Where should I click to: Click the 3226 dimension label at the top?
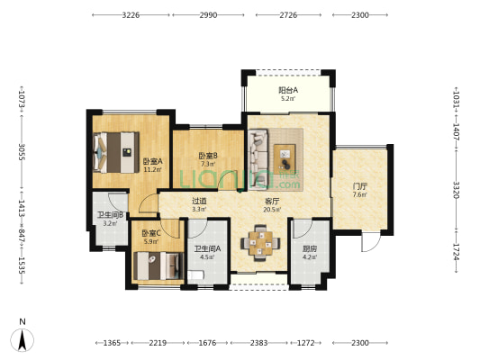tap(131, 15)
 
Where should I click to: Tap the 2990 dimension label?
tap(208, 15)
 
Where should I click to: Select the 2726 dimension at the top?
tap(288, 15)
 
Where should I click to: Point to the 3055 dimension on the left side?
tap(22, 152)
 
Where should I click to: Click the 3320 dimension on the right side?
tap(456, 190)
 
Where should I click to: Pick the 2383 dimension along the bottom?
tap(258, 343)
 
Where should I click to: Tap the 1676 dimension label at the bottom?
tap(207, 343)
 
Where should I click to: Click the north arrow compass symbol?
tap(22, 339)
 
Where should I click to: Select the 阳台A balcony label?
tap(288, 90)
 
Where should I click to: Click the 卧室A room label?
tap(153, 161)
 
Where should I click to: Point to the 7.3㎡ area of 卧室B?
tap(208, 164)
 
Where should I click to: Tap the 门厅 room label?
tap(359, 186)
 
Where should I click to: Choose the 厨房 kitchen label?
tap(310, 248)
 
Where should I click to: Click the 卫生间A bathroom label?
tap(207, 248)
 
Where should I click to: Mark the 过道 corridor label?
tap(199, 201)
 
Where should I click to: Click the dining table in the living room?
tap(260, 243)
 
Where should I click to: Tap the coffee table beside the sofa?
tap(285, 159)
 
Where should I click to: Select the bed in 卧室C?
tap(158, 265)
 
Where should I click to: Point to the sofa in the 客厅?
tap(259, 158)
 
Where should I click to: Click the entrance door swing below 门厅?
tap(370, 241)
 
